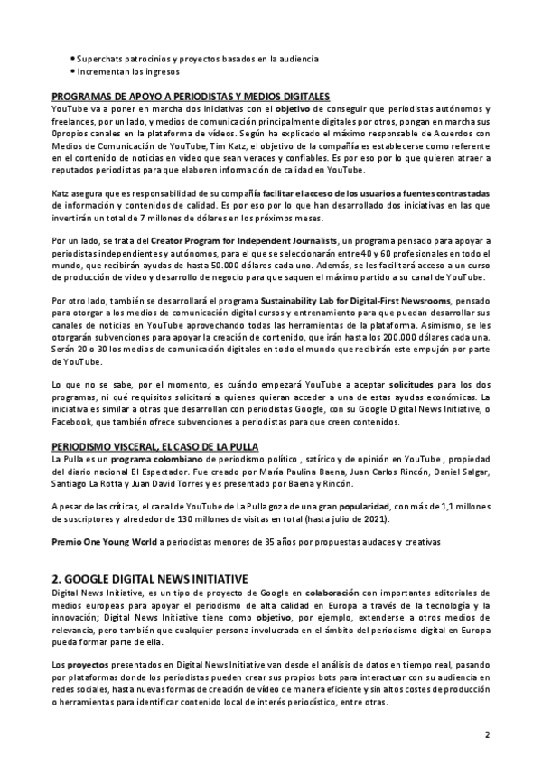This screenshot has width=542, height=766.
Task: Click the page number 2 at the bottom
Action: (487, 734)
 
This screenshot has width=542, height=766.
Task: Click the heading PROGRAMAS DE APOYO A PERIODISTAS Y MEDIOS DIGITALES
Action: (190, 96)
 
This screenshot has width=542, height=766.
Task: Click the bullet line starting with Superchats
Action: (197, 59)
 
